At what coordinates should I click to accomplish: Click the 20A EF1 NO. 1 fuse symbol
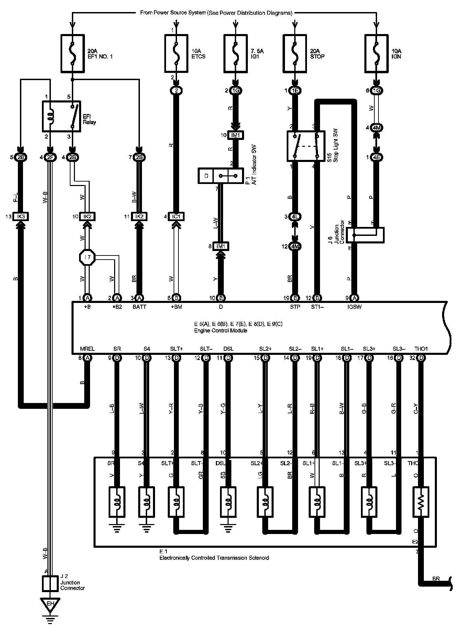click(x=73, y=54)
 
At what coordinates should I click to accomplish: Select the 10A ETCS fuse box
click(x=176, y=54)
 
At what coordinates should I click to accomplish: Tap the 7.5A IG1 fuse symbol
click(x=235, y=54)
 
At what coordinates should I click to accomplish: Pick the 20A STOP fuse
click(x=295, y=54)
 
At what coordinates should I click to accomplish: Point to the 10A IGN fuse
click(x=376, y=54)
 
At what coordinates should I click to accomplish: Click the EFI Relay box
click(x=61, y=116)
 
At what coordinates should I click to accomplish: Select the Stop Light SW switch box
click(x=306, y=146)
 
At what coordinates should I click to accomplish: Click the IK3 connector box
click(x=20, y=217)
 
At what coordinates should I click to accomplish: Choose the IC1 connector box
click(x=176, y=217)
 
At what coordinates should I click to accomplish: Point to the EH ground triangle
click(x=50, y=603)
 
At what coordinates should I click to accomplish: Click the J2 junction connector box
click(x=50, y=583)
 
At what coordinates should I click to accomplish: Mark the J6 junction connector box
click(x=365, y=235)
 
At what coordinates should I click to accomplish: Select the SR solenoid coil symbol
click(x=117, y=502)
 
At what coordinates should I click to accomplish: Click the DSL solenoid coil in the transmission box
click(x=228, y=502)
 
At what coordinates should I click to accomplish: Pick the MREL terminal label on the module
click(x=87, y=349)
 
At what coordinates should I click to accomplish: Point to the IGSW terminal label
click(x=355, y=307)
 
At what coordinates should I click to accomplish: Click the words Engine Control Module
click(x=220, y=330)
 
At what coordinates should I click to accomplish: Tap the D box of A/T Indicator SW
click(x=206, y=176)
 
